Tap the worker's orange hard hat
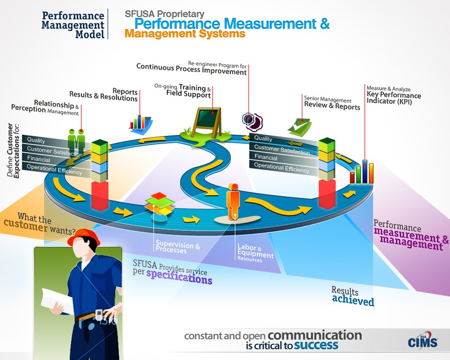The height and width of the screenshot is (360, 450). (85, 237)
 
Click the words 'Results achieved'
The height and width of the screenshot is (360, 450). (352, 296)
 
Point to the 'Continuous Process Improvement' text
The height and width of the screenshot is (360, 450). (191, 67)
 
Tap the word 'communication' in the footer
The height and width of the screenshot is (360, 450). (315, 335)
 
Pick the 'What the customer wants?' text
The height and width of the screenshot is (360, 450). (46, 225)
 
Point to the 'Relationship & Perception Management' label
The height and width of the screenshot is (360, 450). (45, 106)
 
